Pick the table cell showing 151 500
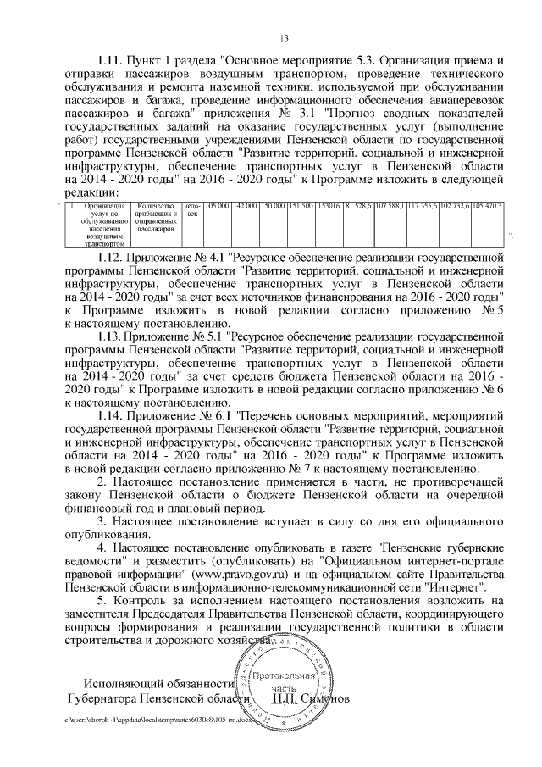point(301,206)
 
